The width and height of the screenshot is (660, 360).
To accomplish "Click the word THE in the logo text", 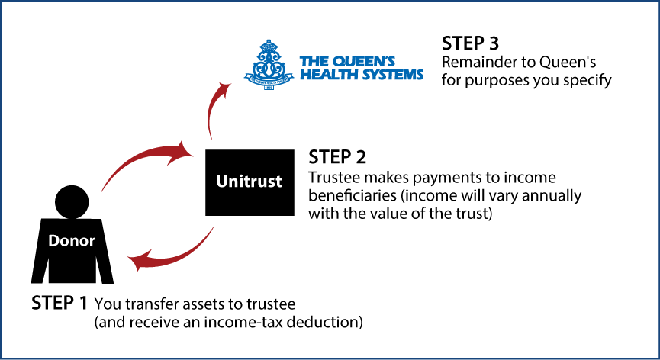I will point(313,62).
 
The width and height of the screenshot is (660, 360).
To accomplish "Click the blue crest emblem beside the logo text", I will point(268,65).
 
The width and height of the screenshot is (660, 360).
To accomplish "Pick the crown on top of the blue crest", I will point(268,46).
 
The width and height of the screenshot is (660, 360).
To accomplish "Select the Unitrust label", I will point(249,182).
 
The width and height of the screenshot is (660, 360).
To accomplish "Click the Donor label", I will point(72,241).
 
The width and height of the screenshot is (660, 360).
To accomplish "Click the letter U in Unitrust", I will point(221,182).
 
